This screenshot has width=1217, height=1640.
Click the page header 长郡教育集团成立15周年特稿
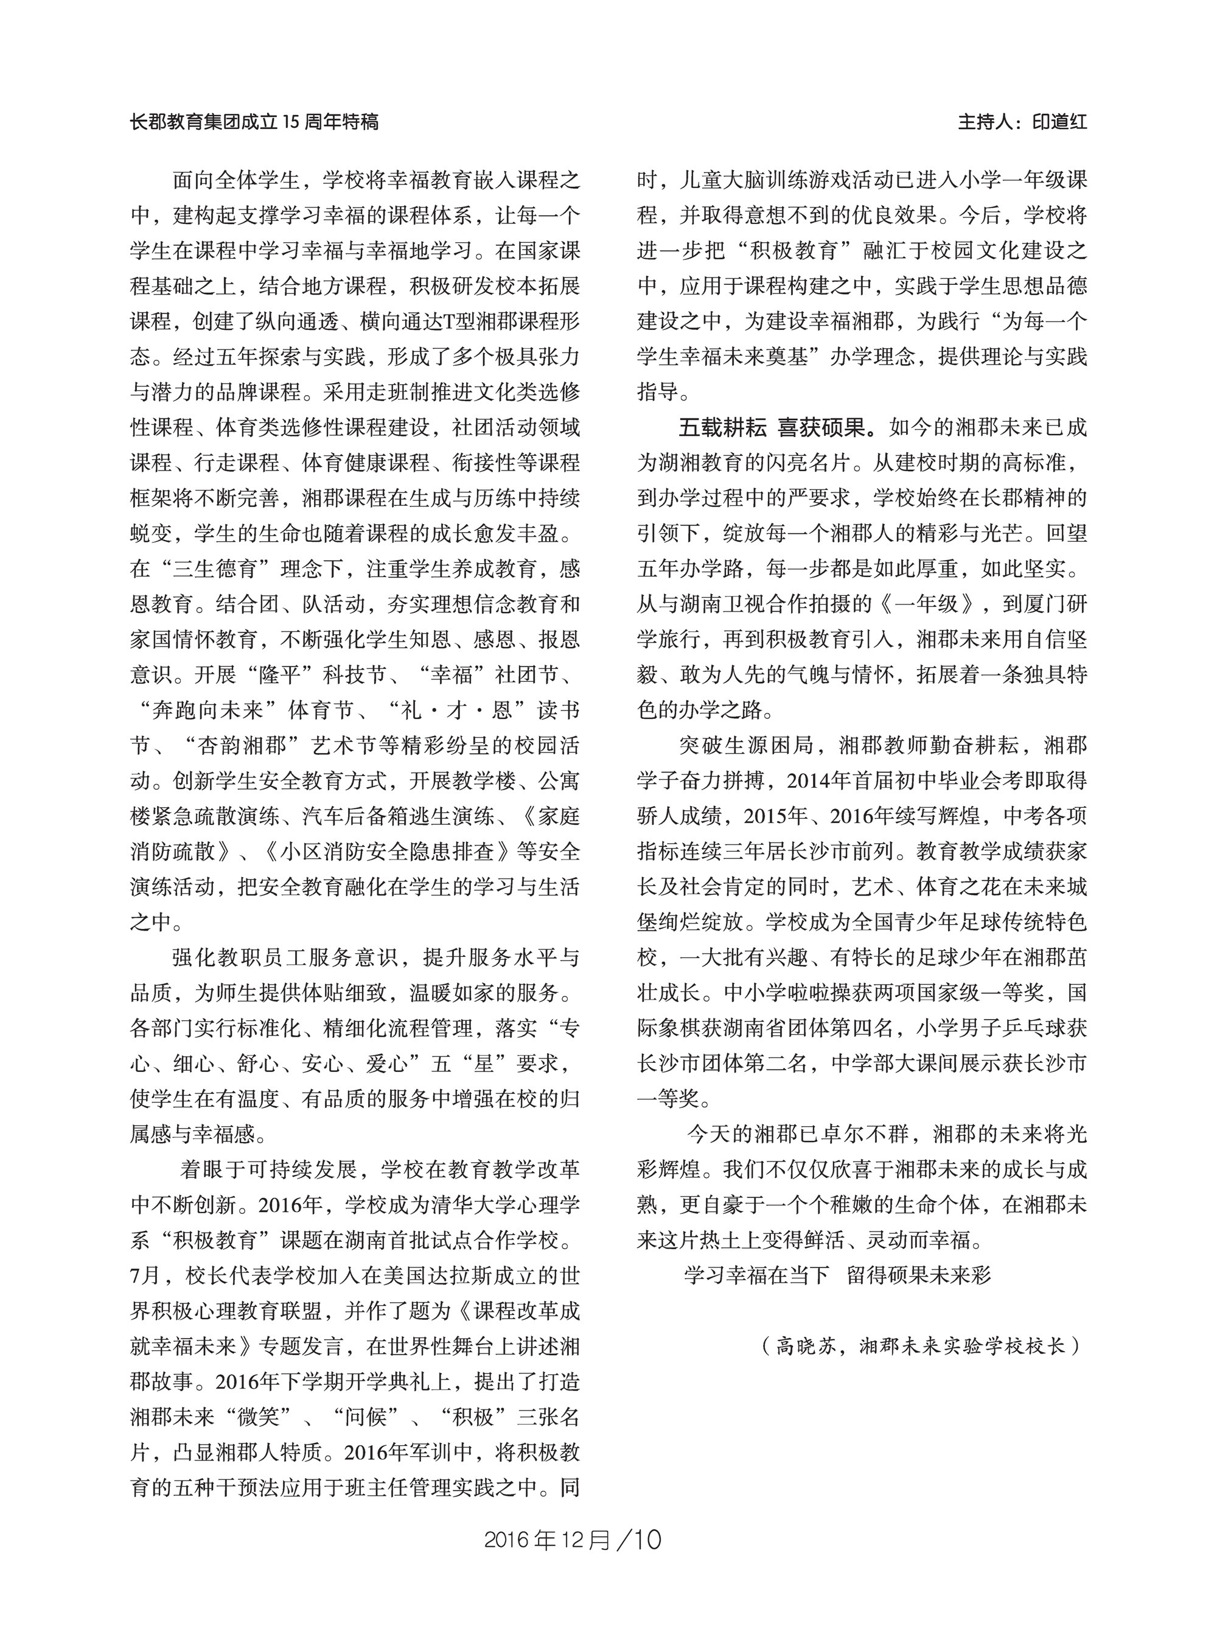[254, 122]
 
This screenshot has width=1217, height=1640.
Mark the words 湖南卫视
[724, 604]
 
